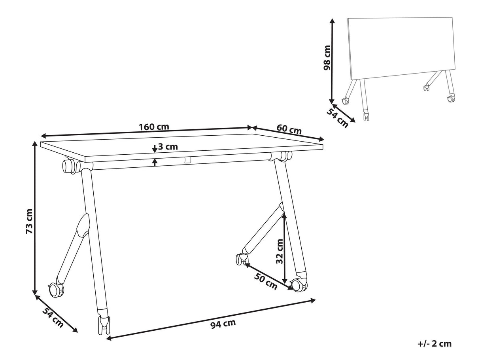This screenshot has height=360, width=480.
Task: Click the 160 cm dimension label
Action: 154,127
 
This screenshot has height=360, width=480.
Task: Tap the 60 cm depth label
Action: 289,129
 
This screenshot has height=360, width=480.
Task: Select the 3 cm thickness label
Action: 168,146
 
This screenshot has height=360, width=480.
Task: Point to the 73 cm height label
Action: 29,221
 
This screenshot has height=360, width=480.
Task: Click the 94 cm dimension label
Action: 223,324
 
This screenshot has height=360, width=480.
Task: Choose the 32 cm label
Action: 279,252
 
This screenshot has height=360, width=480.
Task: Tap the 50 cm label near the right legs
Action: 265,281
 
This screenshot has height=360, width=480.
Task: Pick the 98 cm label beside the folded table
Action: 327,57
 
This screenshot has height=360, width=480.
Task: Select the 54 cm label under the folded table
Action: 337,118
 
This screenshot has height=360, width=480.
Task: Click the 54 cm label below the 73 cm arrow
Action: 53,317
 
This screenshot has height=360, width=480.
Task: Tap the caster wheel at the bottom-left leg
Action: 56,290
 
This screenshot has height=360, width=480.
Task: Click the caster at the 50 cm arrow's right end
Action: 299,285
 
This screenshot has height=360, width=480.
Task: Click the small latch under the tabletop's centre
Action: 187,160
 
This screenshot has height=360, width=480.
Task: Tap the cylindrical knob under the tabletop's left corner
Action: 69,166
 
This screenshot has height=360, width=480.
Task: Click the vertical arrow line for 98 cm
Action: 332,61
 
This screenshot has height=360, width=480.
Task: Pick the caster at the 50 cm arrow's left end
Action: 242,259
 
